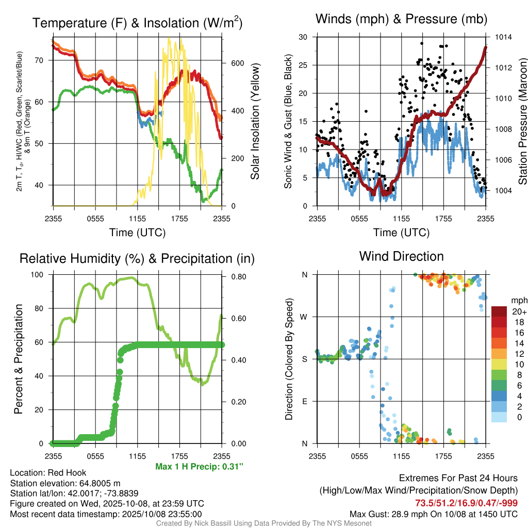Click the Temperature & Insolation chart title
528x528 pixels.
tap(137, 23)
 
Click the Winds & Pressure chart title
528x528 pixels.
tap(401, 20)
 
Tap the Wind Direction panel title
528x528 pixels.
tap(401, 256)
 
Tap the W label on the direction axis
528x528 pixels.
tap(305, 317)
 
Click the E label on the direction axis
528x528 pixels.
tap(305, 401)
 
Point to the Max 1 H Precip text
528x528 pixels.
tap(199, 467)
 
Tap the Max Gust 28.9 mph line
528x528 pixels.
tap(433, 514)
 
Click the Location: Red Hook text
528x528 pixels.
tap(48, 473)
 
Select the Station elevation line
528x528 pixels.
tap(65, 483)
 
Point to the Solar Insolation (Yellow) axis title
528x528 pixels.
tap(255, 122)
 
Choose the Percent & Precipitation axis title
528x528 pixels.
tap(19, 359)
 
